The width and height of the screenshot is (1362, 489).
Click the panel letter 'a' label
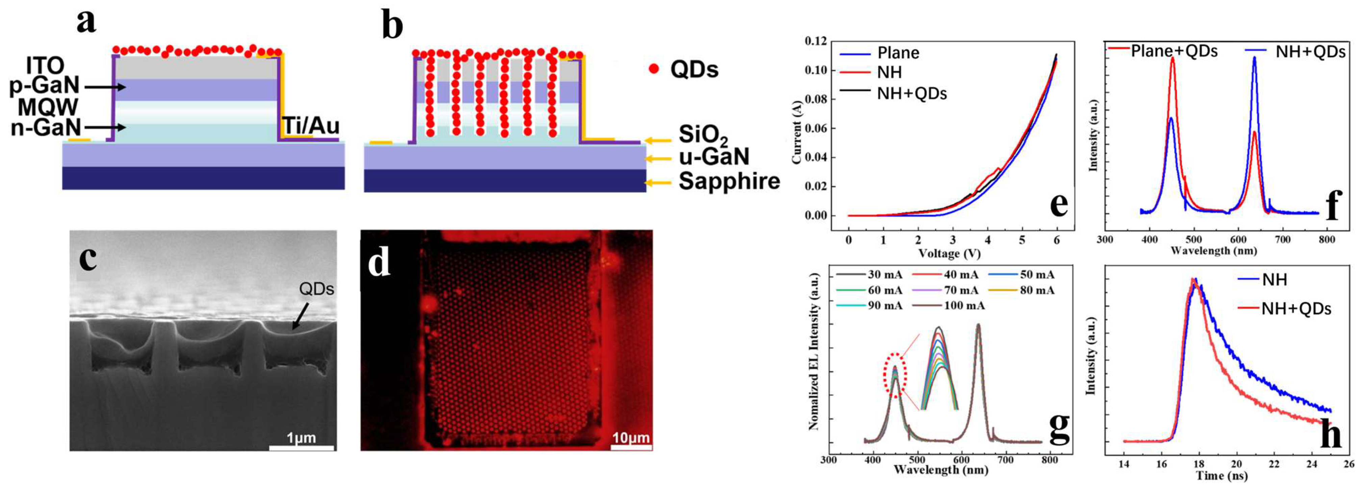tap(86, 22)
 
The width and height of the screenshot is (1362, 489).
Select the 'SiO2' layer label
tap(703, 136)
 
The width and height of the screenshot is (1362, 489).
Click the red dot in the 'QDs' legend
tap(654, 68)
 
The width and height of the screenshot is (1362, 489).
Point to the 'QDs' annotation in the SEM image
tap(316, 289)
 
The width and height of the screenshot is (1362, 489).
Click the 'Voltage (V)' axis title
tap(949, 254)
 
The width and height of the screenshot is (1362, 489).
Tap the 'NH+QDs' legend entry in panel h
tap(1295, 308)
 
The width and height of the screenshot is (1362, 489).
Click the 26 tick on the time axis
tap(1349, 464)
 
